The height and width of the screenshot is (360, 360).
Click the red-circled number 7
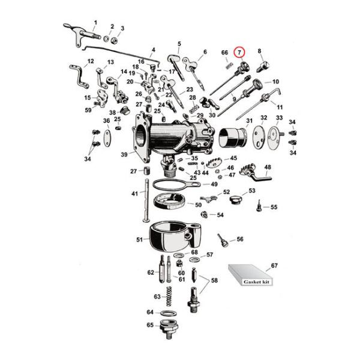coord(240,53)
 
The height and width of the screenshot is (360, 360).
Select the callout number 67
coord(274,265)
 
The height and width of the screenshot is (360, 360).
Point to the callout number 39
coord(124,155)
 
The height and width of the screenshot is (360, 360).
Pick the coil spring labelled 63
coord(170,297)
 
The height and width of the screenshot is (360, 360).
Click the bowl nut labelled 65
coord(169,329)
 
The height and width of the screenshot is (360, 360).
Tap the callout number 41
coord(134,193)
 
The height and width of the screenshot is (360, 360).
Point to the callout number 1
coord(94,22)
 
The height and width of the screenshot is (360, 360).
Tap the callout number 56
coord(240,239)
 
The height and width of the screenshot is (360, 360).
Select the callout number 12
coord(91,61)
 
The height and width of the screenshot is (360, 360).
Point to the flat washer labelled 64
coord(169,313)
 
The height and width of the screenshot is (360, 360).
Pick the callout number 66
coord(224,53)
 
